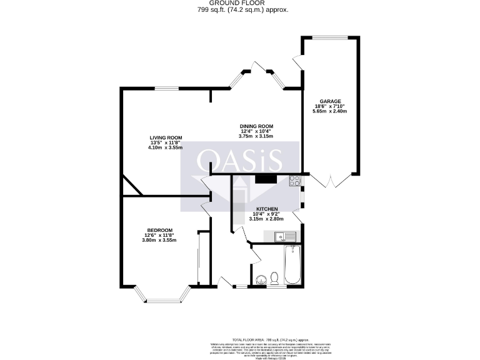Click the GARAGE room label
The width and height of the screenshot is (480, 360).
tap(331, 101)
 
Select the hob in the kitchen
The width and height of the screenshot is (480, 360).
tap(294, 181)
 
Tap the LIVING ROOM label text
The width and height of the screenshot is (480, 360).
tap(165, 137)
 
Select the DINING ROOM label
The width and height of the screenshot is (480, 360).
tap(257, 126)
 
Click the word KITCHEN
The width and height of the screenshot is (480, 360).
tap(266, 209)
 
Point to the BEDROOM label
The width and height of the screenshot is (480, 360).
tap(159, 230)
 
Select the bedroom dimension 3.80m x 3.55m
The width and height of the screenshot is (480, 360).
tap(159, 240)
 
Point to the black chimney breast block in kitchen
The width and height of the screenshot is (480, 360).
tap(266, 179)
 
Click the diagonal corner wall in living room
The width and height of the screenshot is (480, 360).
tap(132, 186)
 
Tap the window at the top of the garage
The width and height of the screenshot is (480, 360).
tap(331, 37)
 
